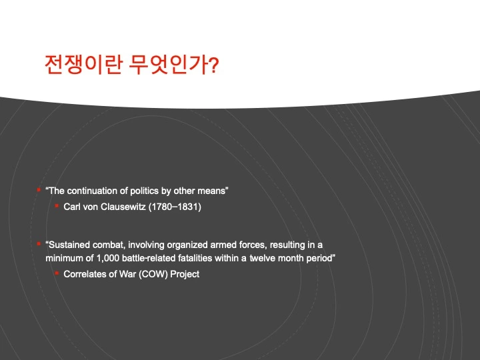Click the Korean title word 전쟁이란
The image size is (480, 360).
click(83, 65)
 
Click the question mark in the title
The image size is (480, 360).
click(215, 65)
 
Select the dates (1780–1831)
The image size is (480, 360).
click(175, 207)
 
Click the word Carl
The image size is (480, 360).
click(72, 207)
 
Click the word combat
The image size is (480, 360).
click(109, 245)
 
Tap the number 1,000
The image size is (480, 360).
click(108, 259)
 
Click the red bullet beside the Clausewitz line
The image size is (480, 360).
click(57, 206)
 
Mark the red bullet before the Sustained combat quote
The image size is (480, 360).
click(39, 244)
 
